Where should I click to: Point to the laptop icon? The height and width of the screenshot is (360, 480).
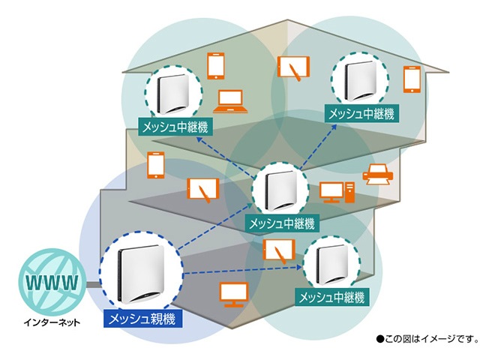pos(228,100)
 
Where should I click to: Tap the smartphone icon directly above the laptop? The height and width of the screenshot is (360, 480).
pos(216,65)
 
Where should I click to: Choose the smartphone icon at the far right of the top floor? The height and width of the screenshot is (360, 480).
pos(411,79)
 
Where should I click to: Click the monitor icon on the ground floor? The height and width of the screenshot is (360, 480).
pos(232,293)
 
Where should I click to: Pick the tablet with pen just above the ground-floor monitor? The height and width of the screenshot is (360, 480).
pos(277,250)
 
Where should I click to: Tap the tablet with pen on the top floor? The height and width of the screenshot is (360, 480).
pos(293,68)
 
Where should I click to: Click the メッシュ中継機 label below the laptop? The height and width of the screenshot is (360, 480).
pos(172,125)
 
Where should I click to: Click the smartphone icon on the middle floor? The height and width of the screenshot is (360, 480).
pos(156,164)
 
